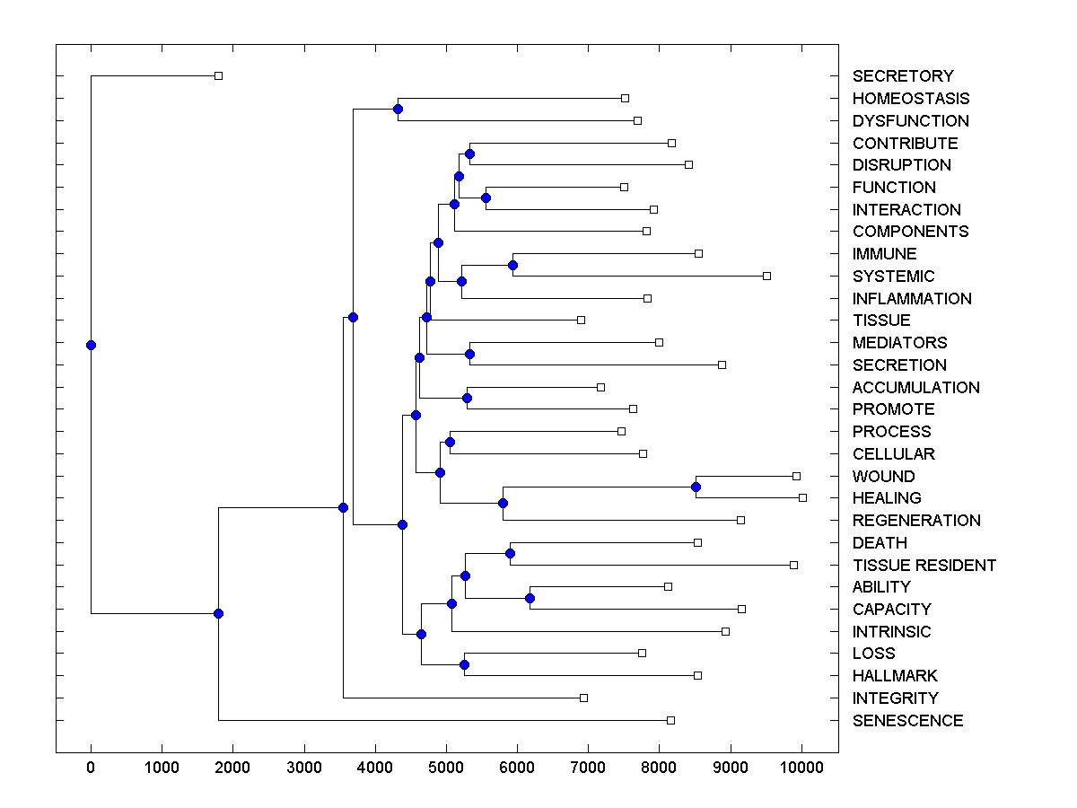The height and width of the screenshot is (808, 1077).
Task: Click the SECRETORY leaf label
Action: [x=903, y=76]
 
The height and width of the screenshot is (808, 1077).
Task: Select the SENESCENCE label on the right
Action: [x=907, y=721]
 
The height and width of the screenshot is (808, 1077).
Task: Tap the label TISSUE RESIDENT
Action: [x=924, y=566]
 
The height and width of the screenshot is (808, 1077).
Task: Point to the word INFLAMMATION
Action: [x=912, y=299]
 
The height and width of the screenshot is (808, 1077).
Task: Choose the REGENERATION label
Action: [x=916, y=521]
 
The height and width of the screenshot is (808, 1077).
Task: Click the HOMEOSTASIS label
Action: [x=911, y=99]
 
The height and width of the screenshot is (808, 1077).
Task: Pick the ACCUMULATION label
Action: [x=915, y=388]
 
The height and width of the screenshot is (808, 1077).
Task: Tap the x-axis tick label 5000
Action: [x=446, y=768]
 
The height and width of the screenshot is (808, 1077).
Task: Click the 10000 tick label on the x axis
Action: [x=801, y=768]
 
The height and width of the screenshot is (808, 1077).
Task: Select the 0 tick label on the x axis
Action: [x=91, y=768]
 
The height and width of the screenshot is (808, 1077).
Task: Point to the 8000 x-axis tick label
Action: [x=659, y=768]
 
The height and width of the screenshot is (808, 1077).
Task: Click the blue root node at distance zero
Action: [x=91, y=345]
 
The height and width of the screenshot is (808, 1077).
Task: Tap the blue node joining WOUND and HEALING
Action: [x=696, y=487]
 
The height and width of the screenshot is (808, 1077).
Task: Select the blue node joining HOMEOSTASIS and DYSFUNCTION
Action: [x=398, y=110]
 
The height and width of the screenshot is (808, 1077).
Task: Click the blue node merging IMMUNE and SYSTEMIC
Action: [x=512, y=265]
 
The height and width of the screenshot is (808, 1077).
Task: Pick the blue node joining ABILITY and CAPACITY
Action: [x=530, y=598]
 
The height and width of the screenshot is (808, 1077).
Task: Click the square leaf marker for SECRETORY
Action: [x=218, y=76]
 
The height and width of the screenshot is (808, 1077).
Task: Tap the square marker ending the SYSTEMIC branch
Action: [x=766, y=276]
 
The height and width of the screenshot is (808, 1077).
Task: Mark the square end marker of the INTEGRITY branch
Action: [x=583, y=698]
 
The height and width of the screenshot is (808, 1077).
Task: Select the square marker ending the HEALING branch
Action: [x=802, y=497]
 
